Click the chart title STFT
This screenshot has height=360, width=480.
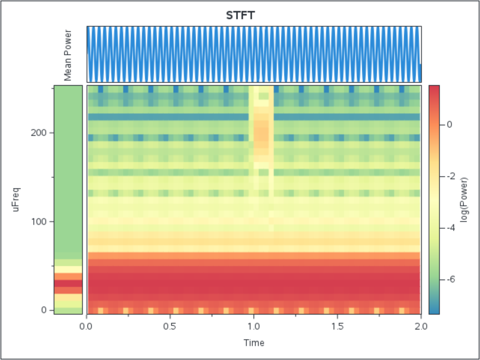[240, 15]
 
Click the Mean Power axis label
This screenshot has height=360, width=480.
[68, 55]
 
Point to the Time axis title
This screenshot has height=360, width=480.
[254, 343]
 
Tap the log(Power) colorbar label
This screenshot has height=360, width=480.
[465, 199]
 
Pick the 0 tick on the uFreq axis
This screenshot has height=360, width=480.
[45, 310]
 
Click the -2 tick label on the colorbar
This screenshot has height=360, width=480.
[448, 176]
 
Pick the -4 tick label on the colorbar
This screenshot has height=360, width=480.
[448, 227]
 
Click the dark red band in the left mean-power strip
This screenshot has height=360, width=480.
[68, 283]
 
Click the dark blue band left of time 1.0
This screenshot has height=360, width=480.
[168, 117]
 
